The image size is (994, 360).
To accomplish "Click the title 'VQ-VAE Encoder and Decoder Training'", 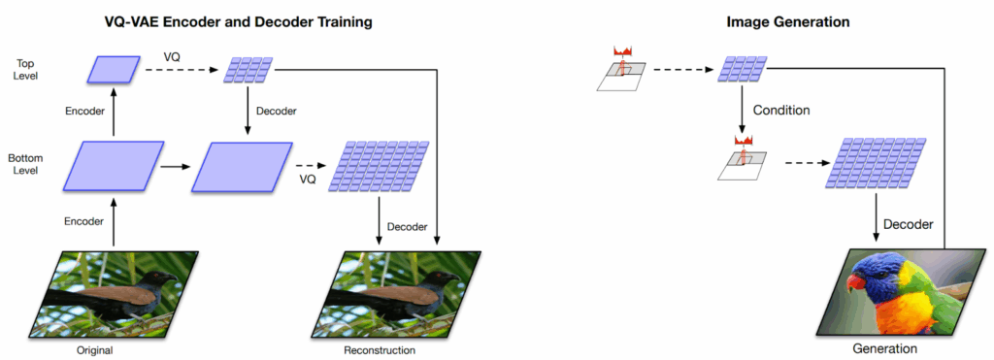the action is pyautogui.click(x=239, y=22).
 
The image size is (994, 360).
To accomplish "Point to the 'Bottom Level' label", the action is pyautogui.click(x=23, y=163).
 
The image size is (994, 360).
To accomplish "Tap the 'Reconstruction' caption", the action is pyautogui.click(x=380, y=350).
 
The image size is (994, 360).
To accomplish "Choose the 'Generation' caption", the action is pyautogui.click(x=884, y=348).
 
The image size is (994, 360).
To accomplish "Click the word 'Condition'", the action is pyautogui.click(x=781, y=111).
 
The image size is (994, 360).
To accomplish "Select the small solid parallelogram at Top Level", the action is pyautogui.click(x=114, y=70).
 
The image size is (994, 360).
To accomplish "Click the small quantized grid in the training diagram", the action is pyautogui.click(x=248, y=70).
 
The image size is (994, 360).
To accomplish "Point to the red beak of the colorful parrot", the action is pyautogui.click(x=856, y=280).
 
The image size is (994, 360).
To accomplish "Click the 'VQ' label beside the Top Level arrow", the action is pyautogui.click(x=172, y=57).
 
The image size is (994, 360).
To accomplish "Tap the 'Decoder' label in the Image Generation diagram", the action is pyautogui.click(x=910, y=224).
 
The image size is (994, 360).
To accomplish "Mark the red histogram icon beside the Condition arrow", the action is pyautogui.click(x=742, y=141).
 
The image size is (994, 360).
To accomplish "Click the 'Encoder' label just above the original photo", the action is pyautogui.click(x=83, y=221).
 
